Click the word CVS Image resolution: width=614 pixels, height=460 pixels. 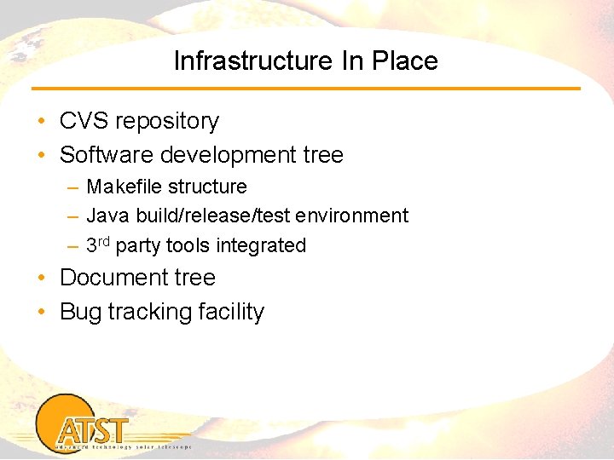(x=83, y=121)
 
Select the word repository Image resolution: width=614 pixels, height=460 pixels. (x=166, y=122)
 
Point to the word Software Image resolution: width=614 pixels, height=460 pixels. (x=104, y=155)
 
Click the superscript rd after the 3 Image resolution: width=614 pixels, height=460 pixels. (x=104, y=242)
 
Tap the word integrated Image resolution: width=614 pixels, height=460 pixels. (x=261, y=246)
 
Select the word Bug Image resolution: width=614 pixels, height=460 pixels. (x=79, y=313)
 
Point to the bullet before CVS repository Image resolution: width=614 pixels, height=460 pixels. (x=42, y=122)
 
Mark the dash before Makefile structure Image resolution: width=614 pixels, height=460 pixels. (x=73, y=187)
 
